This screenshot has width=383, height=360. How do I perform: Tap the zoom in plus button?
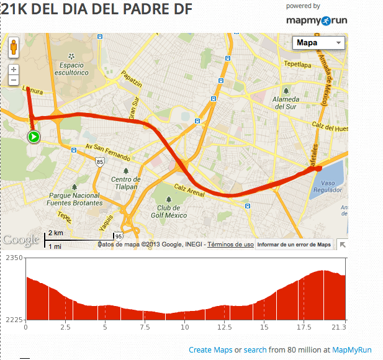tap(14, 70)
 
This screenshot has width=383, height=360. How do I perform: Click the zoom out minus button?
tap(14, 81)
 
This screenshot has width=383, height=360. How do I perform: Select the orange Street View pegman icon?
tap(14, 47)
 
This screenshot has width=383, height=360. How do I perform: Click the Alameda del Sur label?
tap(287, 102)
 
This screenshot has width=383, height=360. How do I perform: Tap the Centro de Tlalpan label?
tap(126, 184)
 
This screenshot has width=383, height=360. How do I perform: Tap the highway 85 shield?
tap(100, 161)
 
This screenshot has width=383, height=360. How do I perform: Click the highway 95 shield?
tap(119, 236)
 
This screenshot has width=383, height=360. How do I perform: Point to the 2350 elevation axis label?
tap(13, 258)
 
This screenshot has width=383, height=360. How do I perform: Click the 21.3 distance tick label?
tap(338, 327)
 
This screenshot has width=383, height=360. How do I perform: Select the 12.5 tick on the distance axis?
tap(224, 327)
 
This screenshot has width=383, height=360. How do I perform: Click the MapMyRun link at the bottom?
tap(352, 350)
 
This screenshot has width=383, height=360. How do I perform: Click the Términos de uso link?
tap(230, 245)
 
